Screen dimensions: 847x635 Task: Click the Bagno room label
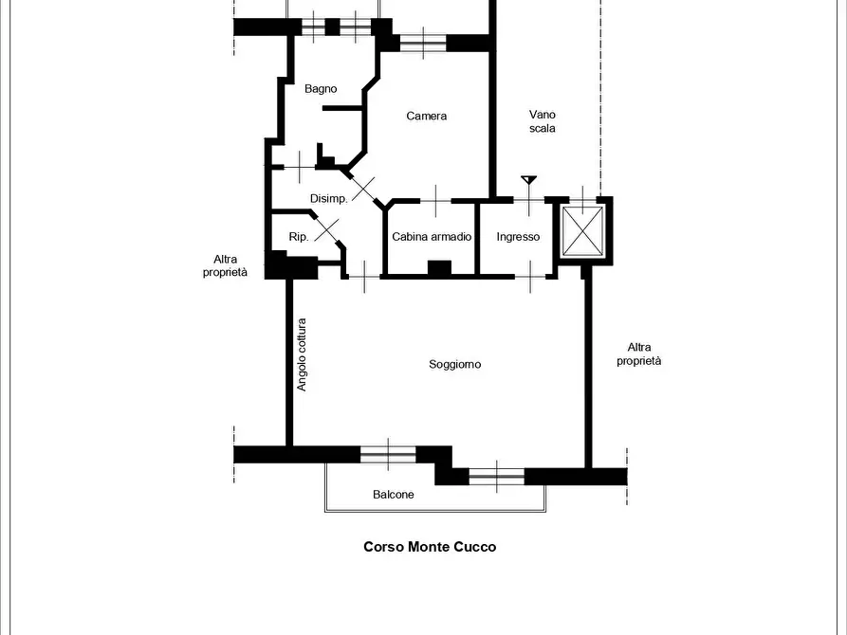(321, 89)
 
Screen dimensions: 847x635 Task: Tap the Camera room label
(426, 116)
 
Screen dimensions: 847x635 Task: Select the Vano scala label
(543, 121)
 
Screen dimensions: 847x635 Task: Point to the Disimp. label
(328, 199)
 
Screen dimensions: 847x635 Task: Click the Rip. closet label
(299, 237)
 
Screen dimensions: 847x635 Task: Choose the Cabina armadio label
(432, 237)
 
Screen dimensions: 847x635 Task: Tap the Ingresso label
(518, 237)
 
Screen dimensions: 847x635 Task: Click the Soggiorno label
(455, 365)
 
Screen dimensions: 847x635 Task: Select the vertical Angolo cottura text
(302, 354)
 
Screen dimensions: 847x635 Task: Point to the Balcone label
(394, 495)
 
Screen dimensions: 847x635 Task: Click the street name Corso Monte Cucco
(430, 547)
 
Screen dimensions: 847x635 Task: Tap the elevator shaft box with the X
(583, 231)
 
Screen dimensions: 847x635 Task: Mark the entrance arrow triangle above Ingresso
(529, 180)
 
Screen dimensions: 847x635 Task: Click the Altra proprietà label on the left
(225, 265)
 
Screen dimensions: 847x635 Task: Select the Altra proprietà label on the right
(639, 354)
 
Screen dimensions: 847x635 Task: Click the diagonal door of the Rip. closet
(327, 230)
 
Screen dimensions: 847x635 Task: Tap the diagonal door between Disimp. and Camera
(363, 189)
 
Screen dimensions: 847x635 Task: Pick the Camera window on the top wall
(423, 43)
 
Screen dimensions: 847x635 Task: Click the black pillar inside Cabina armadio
(440, 268)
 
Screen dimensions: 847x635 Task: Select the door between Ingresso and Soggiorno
(530, 277)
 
